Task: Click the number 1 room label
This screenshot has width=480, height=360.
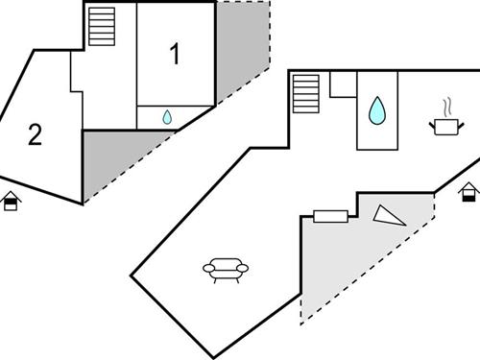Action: (x=174, y=55)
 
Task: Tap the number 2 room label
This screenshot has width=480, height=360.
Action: (x=35, y=135)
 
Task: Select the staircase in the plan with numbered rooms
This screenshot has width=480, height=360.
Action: (x=101, y=26)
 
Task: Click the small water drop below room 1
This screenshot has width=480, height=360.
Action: (x=167, y=117)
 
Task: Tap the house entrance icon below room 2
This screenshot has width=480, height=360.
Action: (x=11, y=202)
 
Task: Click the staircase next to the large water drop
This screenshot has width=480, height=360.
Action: (x=306, y=94)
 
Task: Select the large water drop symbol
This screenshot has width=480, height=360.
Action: (x=379, y=110)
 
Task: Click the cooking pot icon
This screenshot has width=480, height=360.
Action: (x=444, y=126)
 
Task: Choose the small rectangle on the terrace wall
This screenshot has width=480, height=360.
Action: (x=330, y=216)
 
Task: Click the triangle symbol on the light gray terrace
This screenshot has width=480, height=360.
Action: (x=389, y=216)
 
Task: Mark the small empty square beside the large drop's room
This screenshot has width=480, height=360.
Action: (x=343, y=84)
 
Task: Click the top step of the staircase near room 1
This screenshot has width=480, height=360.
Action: (x=101, y=12)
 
